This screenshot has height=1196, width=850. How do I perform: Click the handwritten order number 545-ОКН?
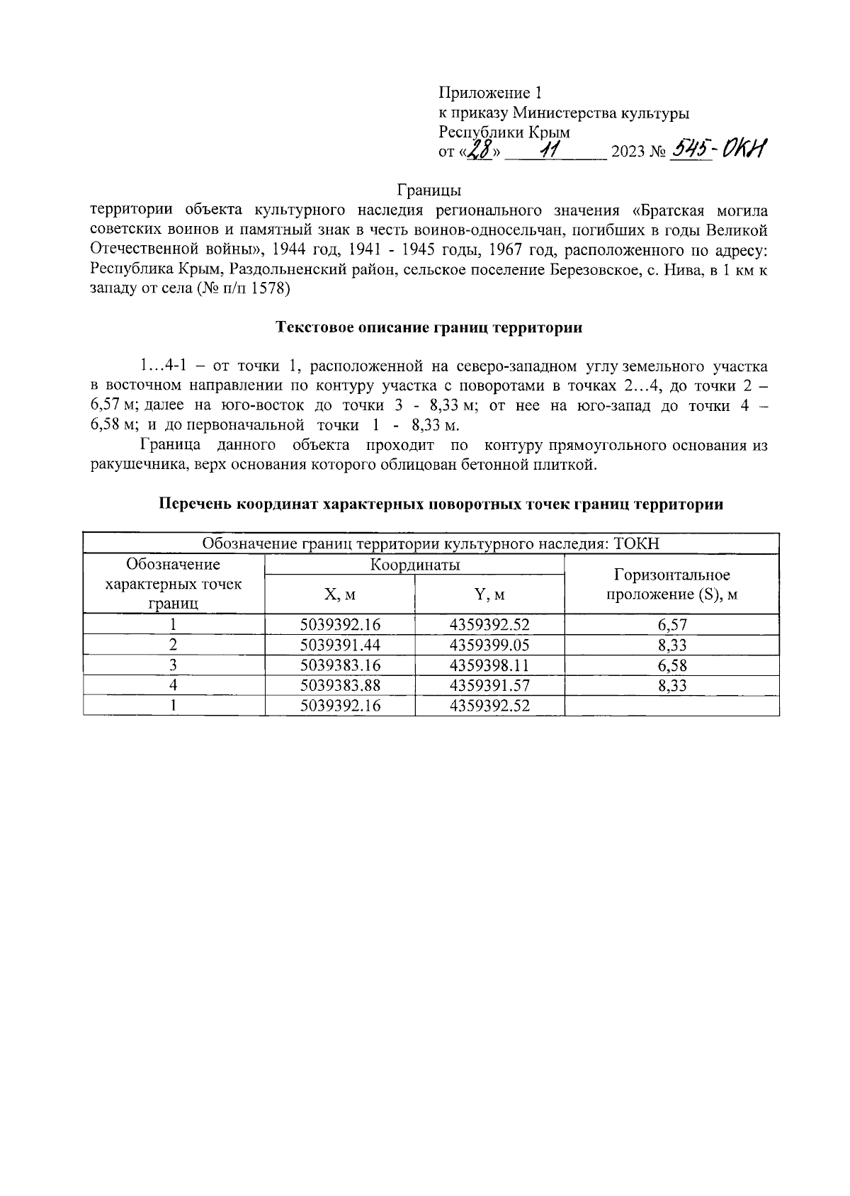720,149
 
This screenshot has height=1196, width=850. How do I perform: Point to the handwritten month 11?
548,149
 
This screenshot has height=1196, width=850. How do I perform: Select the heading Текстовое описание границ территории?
429,327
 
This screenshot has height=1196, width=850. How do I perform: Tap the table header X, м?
339,594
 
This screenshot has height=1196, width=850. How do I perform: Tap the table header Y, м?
489,594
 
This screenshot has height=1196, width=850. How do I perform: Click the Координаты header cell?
414,565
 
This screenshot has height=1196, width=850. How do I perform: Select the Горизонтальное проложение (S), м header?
671,585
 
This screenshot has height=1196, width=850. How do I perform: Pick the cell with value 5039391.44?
340,645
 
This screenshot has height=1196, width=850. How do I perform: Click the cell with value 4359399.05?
489,645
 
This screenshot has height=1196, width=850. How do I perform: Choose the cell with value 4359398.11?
489,665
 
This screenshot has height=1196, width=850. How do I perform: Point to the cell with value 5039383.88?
340,685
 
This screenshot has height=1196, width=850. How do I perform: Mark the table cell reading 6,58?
671,665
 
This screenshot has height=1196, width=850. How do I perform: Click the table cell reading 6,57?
671,625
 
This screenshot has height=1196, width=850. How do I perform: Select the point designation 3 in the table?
174,665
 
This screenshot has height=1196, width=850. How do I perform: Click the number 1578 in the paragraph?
269,288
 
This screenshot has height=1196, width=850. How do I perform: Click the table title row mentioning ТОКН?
431,544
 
